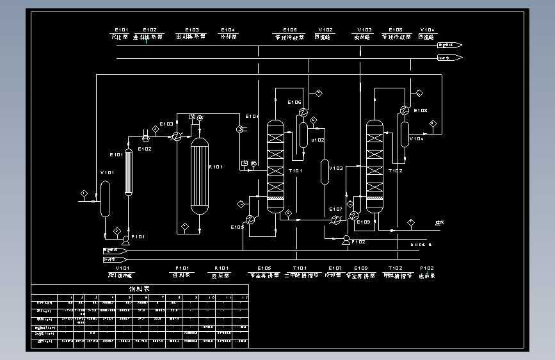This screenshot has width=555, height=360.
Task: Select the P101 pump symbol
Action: point(125,241)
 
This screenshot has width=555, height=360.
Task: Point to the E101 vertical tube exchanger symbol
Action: point(129,172)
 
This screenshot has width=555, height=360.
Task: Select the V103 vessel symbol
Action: point(325,172)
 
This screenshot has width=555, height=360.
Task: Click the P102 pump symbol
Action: point(346,240)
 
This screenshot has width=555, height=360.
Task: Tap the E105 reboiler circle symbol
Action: point(251,218)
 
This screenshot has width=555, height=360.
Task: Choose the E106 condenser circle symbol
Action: point(302,112)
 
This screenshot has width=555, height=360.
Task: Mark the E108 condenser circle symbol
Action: point(403,110)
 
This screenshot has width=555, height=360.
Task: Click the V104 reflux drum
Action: point(405,133)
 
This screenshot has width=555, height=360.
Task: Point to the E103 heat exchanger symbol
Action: point(175,136)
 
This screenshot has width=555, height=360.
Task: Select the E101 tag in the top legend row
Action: point(121,29)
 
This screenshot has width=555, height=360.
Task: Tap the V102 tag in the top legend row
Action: point(325,29)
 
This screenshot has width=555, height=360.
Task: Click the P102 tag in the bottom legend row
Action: point(426,268)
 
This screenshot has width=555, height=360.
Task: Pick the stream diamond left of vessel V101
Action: point(84,193)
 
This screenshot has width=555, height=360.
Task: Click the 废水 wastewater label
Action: point(439,223)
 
